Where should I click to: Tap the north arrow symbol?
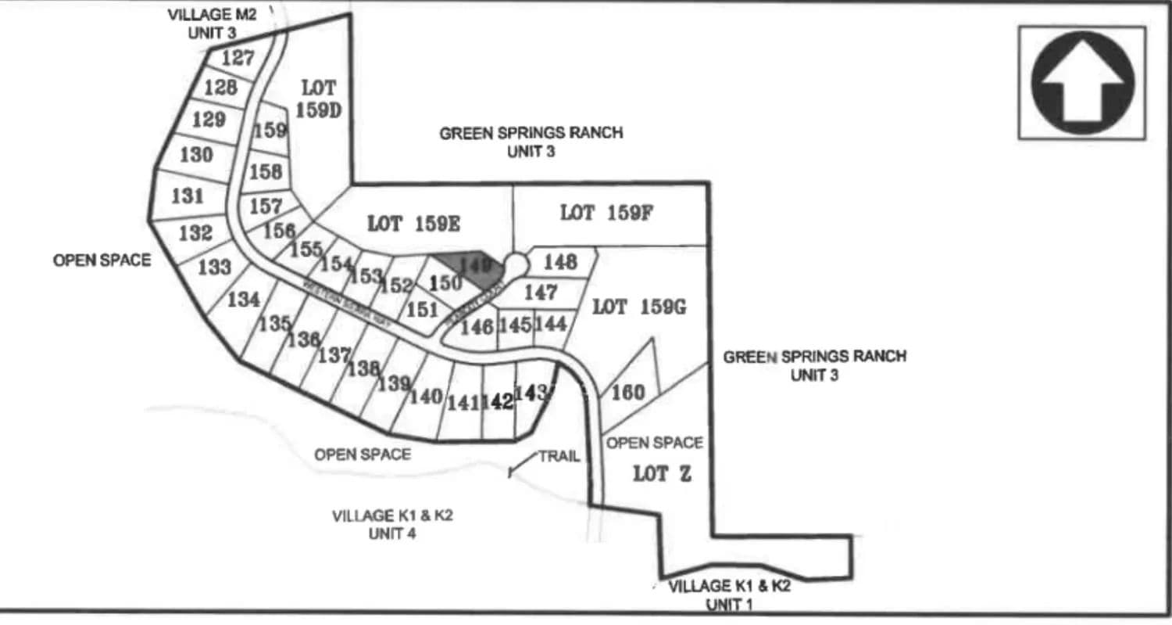(1082, 82)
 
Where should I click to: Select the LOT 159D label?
(318, 99)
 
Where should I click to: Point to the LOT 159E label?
(413, 224)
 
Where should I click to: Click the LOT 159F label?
(606, 213)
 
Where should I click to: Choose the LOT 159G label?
(638, 307)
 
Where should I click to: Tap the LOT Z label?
(661, 473)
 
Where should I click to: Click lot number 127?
(238, 58)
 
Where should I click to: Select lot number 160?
(627, 393)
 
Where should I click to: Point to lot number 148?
(559, 262)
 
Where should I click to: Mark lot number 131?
(188, 196)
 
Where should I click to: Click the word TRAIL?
(559, 457)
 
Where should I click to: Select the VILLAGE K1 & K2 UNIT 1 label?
(727, 595)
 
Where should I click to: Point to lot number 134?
(243, 300)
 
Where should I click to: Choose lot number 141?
(463, 403)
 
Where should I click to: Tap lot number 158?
(266, 170)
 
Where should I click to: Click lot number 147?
(541, 293)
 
